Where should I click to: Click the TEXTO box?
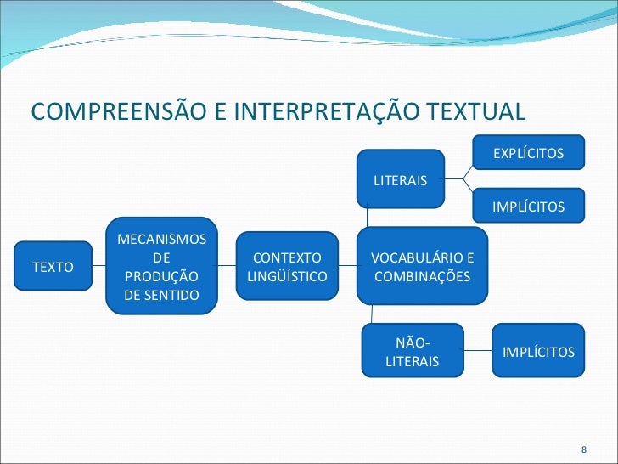(x=53, y=267)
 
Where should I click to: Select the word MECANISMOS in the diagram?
(x=161, y=240)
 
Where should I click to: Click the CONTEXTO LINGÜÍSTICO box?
(x=287, y=267)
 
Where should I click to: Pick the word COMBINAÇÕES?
(x=421, y=276)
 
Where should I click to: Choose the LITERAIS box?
(x=401, y=179)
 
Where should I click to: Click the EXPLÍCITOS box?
(x=528, y=153)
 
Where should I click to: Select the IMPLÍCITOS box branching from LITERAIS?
(x=528, y=207)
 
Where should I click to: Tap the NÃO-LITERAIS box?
(x=413, y=352)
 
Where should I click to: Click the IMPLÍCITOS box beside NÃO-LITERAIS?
(x=538, y=352)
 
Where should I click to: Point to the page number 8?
(x=582, y=449)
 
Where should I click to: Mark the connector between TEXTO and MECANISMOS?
(x=98, y=267)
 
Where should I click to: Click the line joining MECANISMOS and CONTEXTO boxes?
(x=226, y=267)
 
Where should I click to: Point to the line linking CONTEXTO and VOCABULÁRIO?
(x=347, y=267)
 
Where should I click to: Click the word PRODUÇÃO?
(x=161, y=276)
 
